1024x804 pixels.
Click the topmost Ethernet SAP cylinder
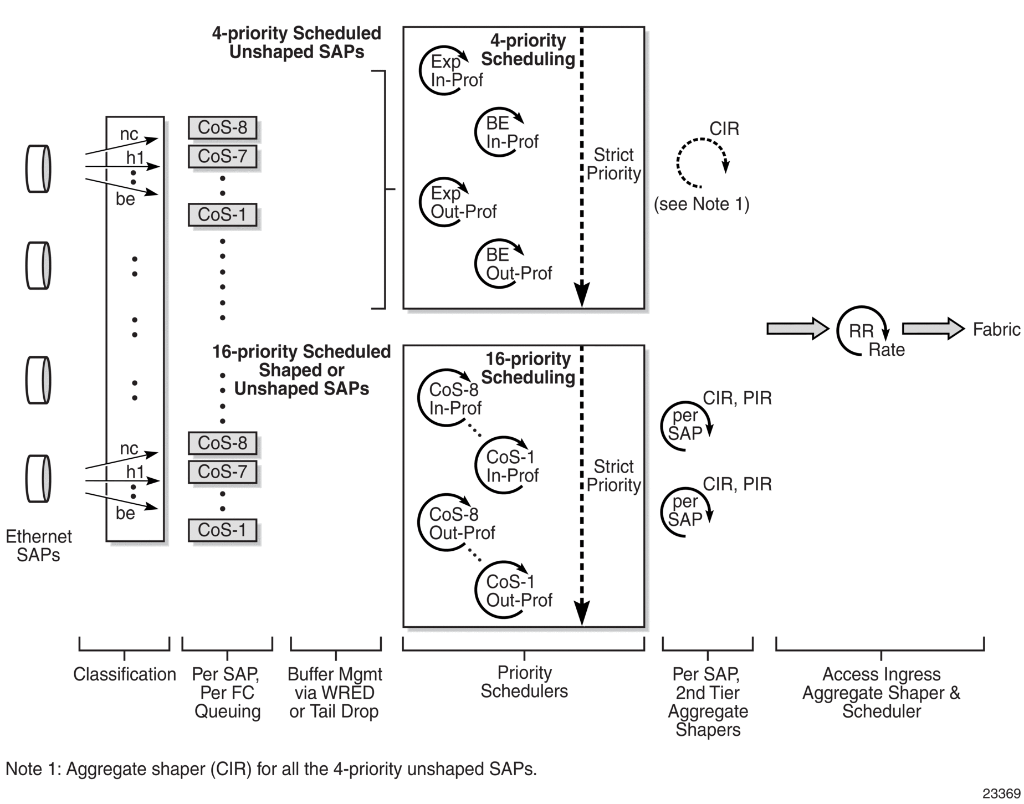click(39, 169)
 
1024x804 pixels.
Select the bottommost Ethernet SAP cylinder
click(39, 479)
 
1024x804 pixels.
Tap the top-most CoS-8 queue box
click(222, 128)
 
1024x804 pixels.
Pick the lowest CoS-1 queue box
click(222, 530)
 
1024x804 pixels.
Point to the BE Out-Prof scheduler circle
click(499, 264)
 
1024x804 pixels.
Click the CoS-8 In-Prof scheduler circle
click(443, 398)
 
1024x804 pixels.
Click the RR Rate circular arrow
click(861, 331)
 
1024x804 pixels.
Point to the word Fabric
click(996, 330)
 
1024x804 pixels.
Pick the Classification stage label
click(125, 674)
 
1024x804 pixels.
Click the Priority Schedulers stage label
click(524, 682)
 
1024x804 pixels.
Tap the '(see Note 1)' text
click(702, 204)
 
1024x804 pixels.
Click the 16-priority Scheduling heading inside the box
click(528, 368)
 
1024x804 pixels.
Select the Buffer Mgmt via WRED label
click(335, 693)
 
